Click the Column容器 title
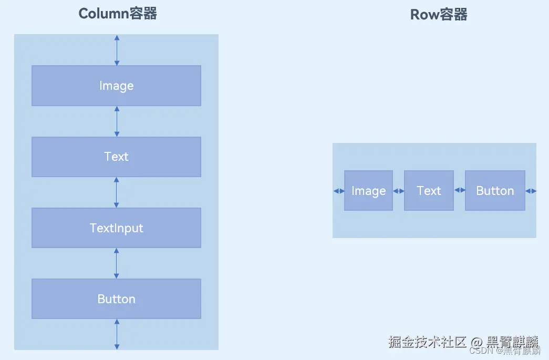(x=118, y=14)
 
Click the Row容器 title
(x=439, y=14)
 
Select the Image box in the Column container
(x=116, y=86)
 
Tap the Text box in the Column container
(x=116, y=157)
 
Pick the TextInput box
(x=116, y=228)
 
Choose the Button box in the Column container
(x=116, y=299)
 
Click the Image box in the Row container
(x=368, y=191)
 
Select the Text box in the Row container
(x=429, y=191)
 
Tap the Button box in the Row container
(x=495, y=191)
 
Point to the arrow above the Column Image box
(x=117, y=50)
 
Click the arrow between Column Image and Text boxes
(x=117, y=121)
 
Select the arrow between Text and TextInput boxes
(x=117, y=192)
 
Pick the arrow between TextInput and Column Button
(x=117, y=263)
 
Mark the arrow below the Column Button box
(x=117, y=334)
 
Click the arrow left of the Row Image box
(x=339, y=191)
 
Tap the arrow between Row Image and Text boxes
(x=398, y=191)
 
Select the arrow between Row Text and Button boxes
(x=460, y=190)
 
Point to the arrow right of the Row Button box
(x=531, y=191)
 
